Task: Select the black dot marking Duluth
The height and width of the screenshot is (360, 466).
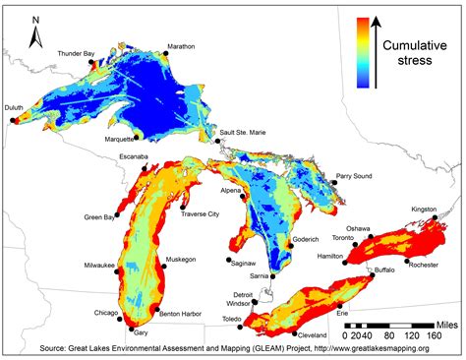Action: pos(13,121)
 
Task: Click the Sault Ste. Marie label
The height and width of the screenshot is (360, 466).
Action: pos(247,131)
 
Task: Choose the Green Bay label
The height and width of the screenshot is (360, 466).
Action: pos(99,216)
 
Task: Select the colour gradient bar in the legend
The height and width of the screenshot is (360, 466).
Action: pos(363,53)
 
